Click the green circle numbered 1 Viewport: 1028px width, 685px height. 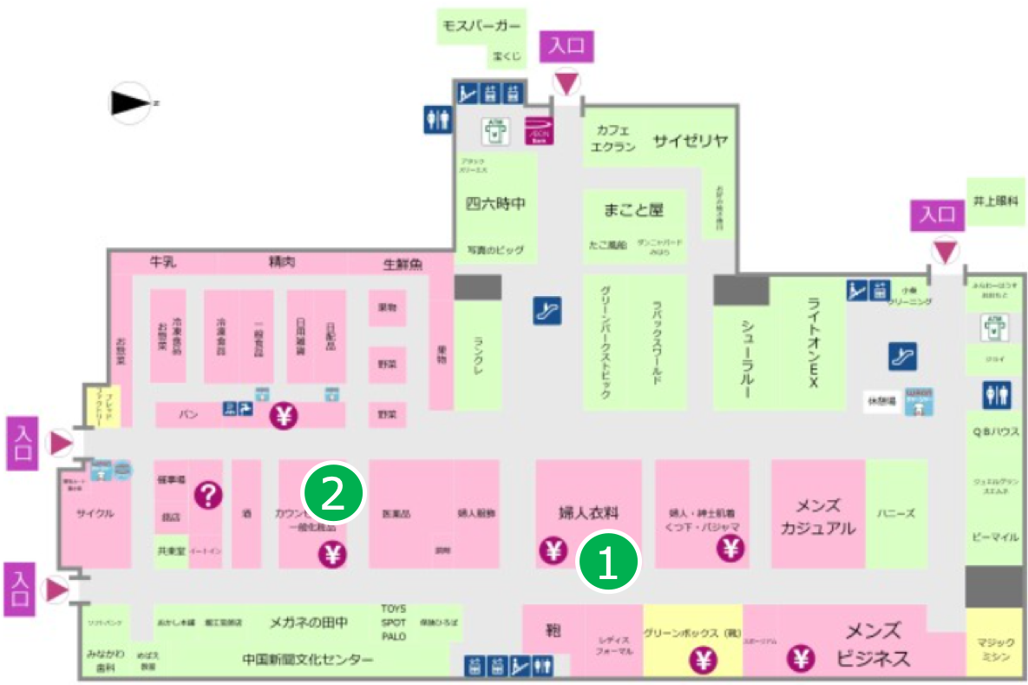pos(609,563)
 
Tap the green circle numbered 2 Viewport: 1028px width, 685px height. pos(333,493)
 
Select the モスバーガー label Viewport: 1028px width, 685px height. pos(482,25)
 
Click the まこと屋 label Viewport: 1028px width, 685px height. pos(633,209)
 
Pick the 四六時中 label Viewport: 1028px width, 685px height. pos(496,204)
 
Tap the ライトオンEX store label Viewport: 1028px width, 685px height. pos(813,343)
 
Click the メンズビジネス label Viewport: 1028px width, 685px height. pos(873,644)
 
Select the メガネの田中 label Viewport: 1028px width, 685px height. pos(309,621)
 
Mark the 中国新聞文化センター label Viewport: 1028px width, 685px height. pos(308,661)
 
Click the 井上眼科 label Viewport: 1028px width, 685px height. pos(994,200)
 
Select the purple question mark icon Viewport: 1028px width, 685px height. pos(208,495)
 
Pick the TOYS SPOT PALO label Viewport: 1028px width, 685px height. pos(393,622)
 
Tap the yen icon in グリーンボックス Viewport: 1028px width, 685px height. pos(704,661)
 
